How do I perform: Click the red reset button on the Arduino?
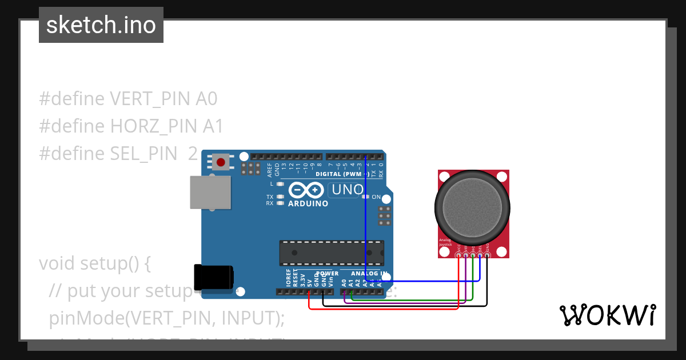pos(221,162)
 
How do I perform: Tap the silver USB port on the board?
pos(210,191)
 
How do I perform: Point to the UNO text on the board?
pos(348,190)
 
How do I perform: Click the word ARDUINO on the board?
pos(308,203)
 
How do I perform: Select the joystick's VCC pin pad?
pos(458,255)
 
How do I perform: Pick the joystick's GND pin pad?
pos(487,255)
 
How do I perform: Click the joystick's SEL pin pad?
pos(480,255)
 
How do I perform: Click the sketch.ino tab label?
pos(101,25)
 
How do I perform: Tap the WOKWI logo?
pos(608,315)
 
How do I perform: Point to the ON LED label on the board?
pos(376,197)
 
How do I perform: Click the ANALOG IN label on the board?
pos(369,274)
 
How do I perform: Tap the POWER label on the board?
pos(328,274)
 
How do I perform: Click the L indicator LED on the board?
pos(280,184)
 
